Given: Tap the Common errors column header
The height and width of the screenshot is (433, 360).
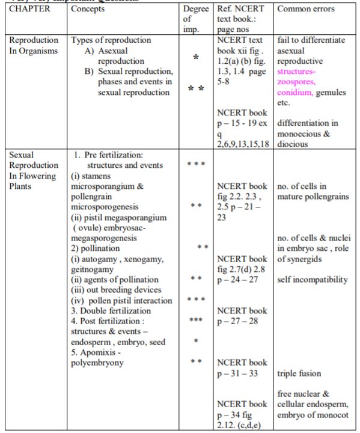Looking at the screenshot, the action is pos(306,10).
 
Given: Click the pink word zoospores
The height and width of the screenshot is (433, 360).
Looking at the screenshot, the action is pos(296,82).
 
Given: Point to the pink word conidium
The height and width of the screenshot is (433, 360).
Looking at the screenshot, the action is pos(294,93).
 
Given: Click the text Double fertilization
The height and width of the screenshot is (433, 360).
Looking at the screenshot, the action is pos(111,311).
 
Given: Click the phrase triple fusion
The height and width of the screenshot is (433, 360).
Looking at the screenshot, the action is pos(300,373).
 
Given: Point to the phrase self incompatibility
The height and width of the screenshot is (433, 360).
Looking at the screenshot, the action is pos(312,280).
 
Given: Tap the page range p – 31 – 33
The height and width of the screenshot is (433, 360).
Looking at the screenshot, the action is pos(237,373).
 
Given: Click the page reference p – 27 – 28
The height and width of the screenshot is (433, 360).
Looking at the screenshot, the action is pos(237,321).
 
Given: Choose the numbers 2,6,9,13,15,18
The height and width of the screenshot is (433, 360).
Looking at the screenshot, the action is pos(242,144).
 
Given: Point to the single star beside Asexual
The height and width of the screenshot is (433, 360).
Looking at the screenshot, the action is pos(196,58).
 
